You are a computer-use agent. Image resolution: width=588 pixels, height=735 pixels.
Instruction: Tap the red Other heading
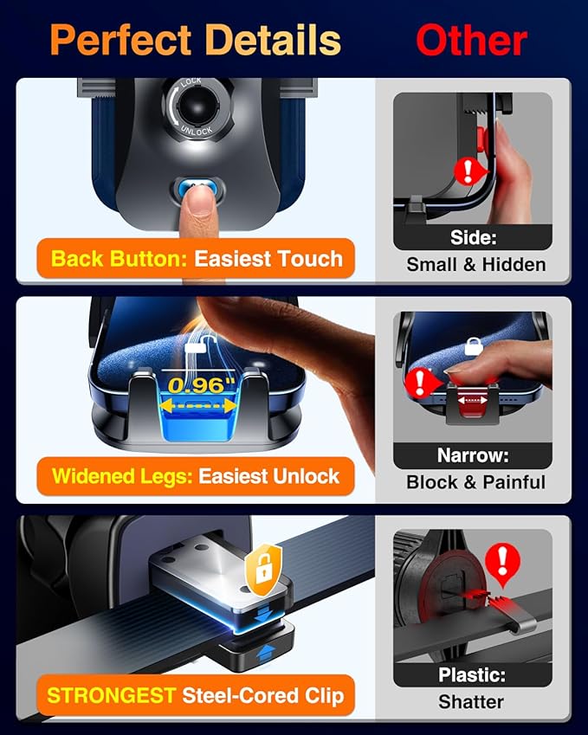coord(471,41)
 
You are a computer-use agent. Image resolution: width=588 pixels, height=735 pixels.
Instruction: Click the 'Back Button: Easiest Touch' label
coord(197,258)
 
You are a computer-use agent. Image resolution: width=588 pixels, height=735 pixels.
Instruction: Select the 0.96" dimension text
coord(202,383)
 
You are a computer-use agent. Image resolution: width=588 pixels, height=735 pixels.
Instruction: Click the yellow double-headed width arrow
coord(202,405)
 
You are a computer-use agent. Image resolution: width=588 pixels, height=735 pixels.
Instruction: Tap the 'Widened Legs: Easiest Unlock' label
coord(196,475)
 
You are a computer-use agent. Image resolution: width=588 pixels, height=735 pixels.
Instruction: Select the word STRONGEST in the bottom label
coord(110,694)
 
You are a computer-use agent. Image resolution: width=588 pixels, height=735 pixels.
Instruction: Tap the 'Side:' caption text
coord(473,238)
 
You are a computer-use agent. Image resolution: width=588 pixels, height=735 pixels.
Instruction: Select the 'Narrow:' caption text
coord(473,455)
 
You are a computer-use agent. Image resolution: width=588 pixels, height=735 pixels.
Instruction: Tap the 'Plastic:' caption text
coord(473,674)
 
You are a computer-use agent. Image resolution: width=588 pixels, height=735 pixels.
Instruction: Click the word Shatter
coord(473,701)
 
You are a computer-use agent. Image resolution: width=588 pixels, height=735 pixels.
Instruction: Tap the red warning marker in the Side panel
coord(468,169)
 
